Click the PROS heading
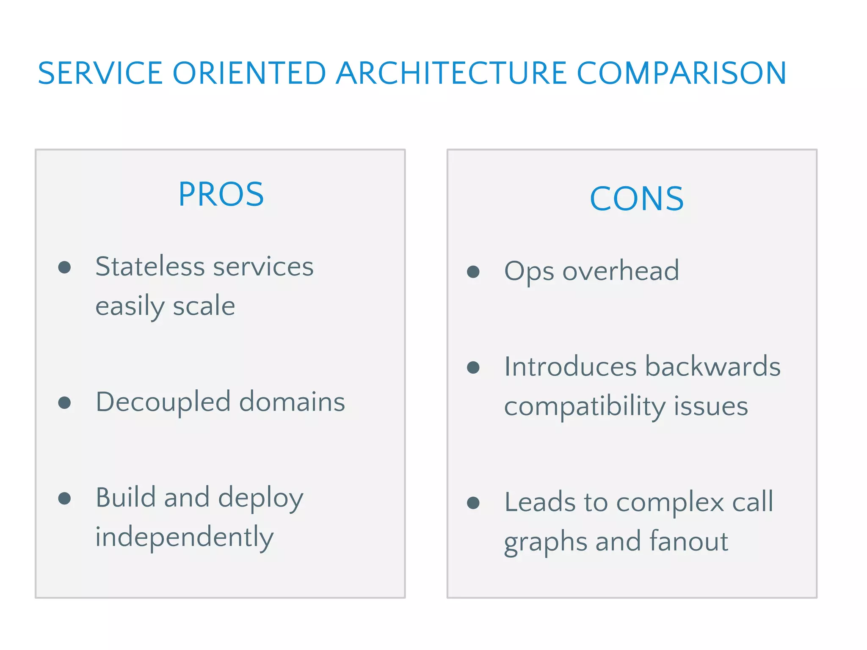[221, 194]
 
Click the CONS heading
[636, 198]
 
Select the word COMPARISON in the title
[682, 73]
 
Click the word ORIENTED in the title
[249, 73]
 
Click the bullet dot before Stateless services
[64, 267]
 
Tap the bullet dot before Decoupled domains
[64, 402]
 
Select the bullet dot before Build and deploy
[64, 499]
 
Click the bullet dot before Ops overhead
[473, 272]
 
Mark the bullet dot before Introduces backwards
[473, 367]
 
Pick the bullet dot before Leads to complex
[473, 503]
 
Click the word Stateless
[150, 267]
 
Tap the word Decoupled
[163, 402]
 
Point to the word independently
[184, 537]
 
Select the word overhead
[621, 271]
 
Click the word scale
[204, 306]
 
